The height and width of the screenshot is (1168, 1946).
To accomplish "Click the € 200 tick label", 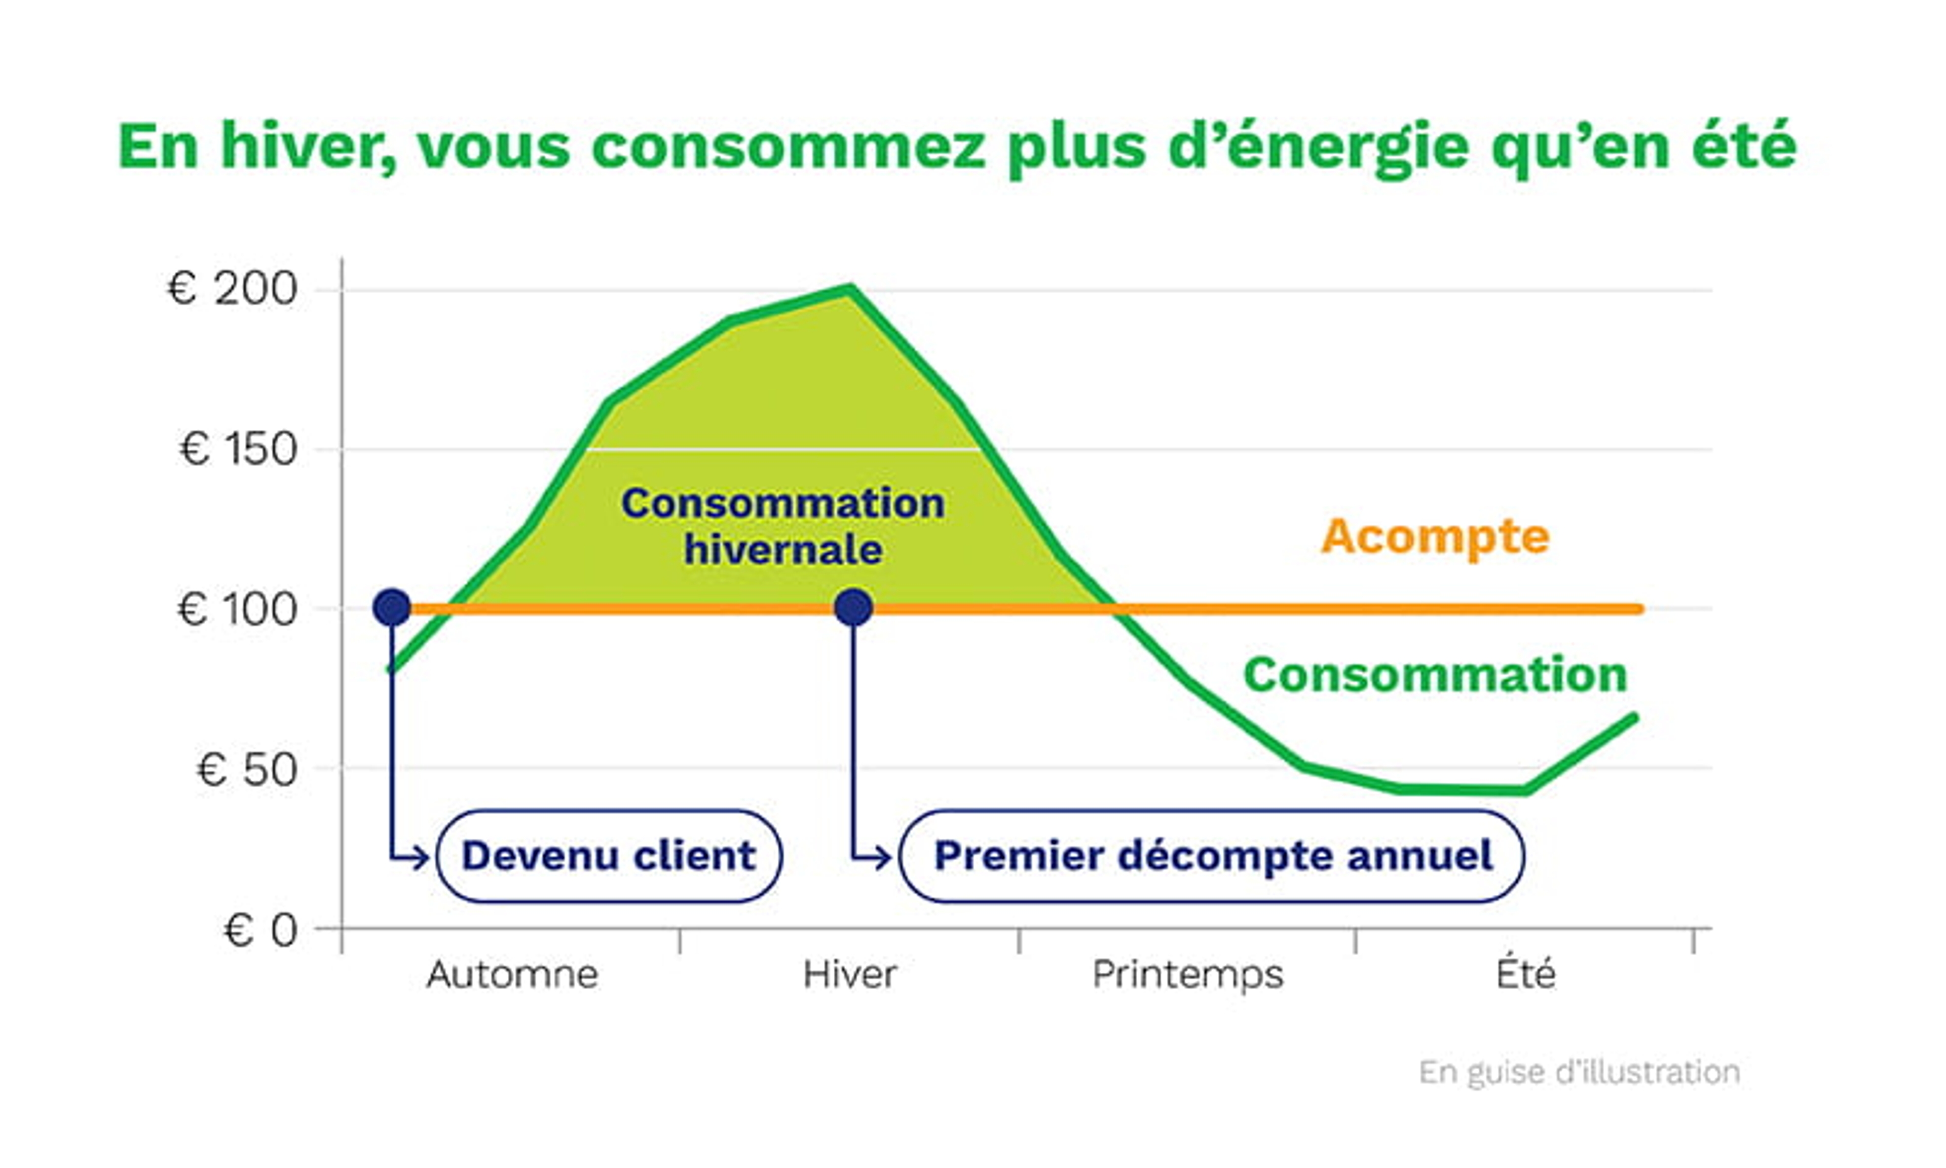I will pyautogui.click(x=233, y=289).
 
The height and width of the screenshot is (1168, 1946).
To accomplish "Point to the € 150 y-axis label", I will pyautogui.click(x=238, y=450).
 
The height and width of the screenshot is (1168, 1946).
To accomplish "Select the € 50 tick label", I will pyautogui.click(x=246, y=769).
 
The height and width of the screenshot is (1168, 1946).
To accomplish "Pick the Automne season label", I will pyautogui.click(x=512, y=974).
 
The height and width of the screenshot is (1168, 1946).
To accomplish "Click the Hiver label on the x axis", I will pyautogui.click(x=849, y=974).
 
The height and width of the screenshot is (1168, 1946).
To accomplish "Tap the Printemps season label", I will pyautogui.click(x=1188, y=974).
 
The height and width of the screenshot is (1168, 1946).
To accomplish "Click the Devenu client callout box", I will pyautogui.click(x=609, y=856).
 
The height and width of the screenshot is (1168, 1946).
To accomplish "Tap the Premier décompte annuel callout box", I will pyautogui.click(x=1211, y=856).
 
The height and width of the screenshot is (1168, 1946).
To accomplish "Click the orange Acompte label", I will pyautogui.click(x=1436, y=537).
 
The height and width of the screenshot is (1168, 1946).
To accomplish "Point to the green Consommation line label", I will pyautogui.click(x=1436, y=675).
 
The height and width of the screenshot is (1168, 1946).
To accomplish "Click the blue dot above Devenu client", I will pyautogui.click(x=392, y=608).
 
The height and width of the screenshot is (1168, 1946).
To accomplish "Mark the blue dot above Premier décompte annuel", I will pyautogui.click(x=853, y=608).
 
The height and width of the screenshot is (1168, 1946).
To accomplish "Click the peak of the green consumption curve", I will pyautogui.click(x=849, y=289).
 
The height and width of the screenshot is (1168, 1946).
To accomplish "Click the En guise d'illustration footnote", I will pyautogui.click(x=1580, y=1072).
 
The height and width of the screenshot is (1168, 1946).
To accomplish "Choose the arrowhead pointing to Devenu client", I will pyautogui.click(x=421, y=857).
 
